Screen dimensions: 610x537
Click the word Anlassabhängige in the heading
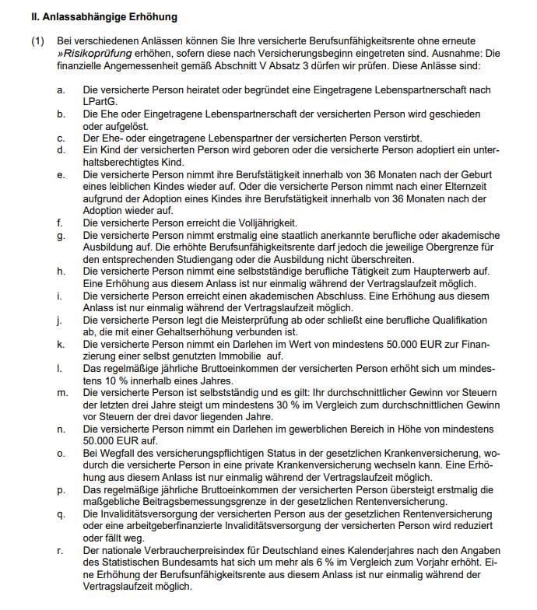[x=70, y=16]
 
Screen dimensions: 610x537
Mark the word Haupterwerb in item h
[x=430, y=272]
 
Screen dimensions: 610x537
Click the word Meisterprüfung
[x=247, y=321]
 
